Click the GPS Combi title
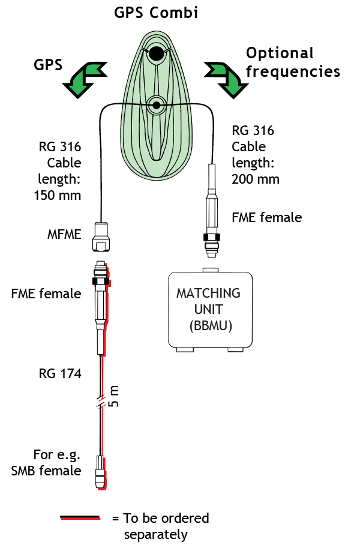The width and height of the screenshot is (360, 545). pyautogui.click(x=157, y=13)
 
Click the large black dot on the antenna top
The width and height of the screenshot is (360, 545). pyautogui.click(x=157, y=54)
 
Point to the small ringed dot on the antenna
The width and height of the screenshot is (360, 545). pyautogui.click(x=157, y=106)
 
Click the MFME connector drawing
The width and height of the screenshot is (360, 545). pyautogui.click(x=101, y=237)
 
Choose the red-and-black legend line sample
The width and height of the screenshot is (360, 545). pyautogui.click(x=80, y=517)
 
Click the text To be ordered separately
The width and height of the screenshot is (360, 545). pyautogui.click(x=160, y=526)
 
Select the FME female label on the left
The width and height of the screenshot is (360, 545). pyautogui.click(x=46, y=294)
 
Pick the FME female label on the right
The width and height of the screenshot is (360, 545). pyautogui.click(x=266, y=217)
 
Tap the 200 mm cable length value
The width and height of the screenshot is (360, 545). pyautogui.click(x=256, y=178)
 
